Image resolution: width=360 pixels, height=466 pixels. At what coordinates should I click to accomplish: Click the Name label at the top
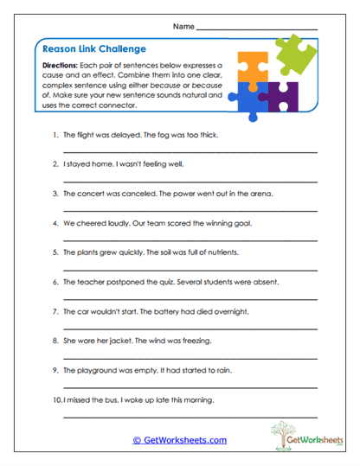183,27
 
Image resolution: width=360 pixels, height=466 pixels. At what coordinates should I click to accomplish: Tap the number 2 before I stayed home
55,164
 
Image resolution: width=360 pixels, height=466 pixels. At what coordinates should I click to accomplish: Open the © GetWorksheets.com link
180,440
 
